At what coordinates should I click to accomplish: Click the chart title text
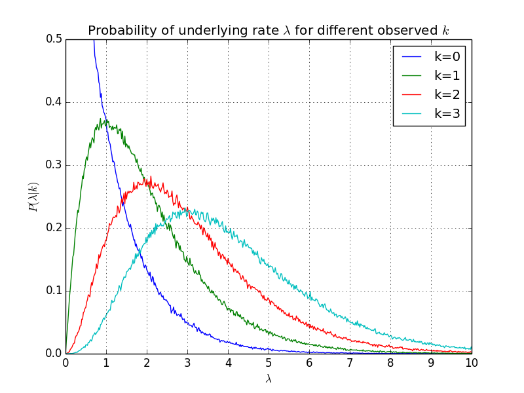[269, 31]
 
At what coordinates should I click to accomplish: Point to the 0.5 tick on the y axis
[54, 39]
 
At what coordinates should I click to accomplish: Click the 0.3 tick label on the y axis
[54, 165]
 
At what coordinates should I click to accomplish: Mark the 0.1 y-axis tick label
[54, 291]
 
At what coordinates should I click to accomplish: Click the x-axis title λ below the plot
[269, 379]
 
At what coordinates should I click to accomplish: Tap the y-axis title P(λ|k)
[33, 196]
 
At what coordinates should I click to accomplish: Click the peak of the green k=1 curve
[101, 119]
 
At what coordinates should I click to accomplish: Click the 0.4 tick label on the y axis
[54, 102]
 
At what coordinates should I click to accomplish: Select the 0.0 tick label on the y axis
[54, 354]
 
